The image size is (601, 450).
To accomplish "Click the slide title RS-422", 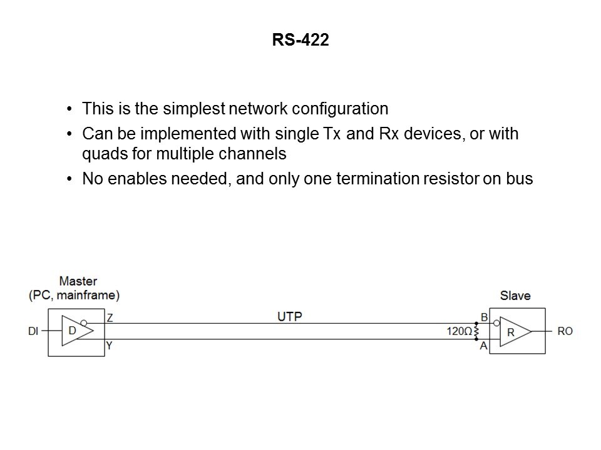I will point(300,41).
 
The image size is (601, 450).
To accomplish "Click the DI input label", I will point(34,331).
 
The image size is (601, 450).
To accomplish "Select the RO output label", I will point(564,331).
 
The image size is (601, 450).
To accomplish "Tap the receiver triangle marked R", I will point(515,331).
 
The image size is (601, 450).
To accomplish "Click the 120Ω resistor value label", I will point(460,331).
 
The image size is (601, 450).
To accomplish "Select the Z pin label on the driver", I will point(110,317).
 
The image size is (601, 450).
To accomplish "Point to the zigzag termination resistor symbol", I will point(476,331).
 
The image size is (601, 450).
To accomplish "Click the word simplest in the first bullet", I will point(187,109).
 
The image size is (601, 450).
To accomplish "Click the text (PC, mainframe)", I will point(74,294).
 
